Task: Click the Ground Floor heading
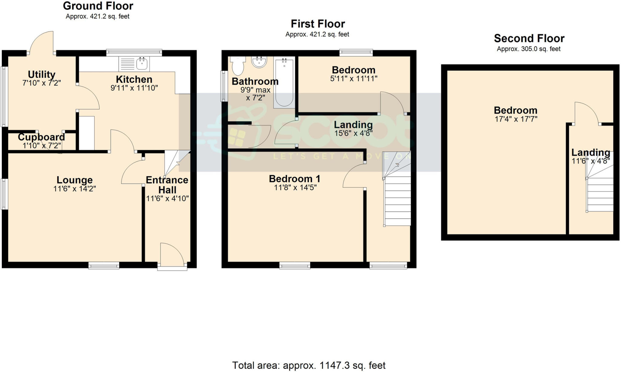point(98,6)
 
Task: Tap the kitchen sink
point(142,63)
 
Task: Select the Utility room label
point(42,74)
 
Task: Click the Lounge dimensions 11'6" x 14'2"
point(75,189)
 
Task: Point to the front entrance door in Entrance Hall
point(172,255)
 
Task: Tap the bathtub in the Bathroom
point(284,83)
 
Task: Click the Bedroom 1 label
point(294,179)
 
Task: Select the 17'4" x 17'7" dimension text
point(516,119)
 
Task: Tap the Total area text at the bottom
point(309,365)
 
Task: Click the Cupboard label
point(41,137)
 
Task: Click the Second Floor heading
point(529,38)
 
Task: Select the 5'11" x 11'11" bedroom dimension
point(354,79)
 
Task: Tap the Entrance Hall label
point(167,185)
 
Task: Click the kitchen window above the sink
point(134,53)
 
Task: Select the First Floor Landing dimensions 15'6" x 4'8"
point(353,133)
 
